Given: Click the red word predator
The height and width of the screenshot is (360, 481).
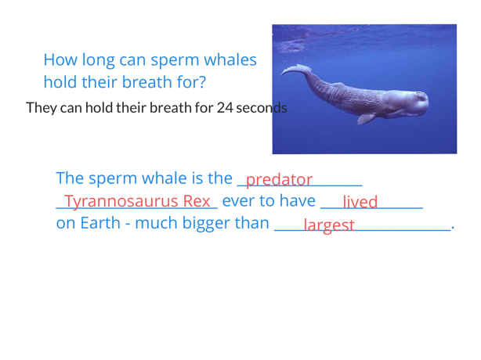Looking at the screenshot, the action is pos(279,180).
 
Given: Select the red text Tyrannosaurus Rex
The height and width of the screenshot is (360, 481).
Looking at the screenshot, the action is pos(137,202).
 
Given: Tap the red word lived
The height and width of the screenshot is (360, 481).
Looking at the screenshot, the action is pos(360,202).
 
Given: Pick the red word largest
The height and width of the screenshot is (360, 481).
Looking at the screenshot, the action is pos(329,225).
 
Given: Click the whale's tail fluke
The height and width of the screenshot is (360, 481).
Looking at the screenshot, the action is pos(295,70).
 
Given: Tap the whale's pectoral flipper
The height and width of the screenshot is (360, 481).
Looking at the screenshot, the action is pos(367,119).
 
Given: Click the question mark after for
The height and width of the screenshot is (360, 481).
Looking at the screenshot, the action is pos(202,82).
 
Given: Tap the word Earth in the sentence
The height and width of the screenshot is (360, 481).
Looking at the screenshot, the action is pos(100,223).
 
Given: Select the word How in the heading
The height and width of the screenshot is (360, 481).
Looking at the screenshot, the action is pos(60,59).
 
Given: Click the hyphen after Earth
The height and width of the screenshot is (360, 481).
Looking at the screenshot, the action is pos(128,225).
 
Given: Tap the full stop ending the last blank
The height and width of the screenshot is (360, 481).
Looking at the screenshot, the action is pos(453,229).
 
